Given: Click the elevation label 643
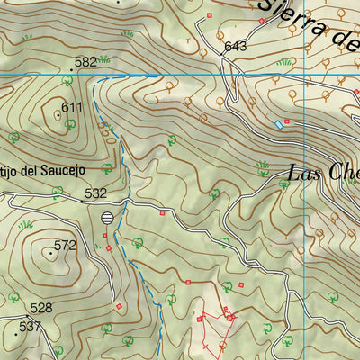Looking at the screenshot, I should coord(236,46).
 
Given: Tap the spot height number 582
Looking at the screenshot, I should coord(85,61).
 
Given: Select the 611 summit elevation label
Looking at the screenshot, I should coord(72,107).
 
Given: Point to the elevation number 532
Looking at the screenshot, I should coord(95,193).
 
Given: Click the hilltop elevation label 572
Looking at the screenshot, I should coord(65,245).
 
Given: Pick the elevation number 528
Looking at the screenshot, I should coord(41,308).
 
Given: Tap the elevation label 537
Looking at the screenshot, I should coord(31,326).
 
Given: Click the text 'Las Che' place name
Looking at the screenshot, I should coord(323,173).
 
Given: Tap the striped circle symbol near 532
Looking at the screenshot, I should coord(108,217).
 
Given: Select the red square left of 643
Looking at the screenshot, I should coord(210,15).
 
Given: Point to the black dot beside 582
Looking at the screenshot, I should coord(72,68).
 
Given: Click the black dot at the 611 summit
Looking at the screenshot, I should coord(58,114).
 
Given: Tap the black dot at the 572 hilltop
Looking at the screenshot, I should coord(50,253).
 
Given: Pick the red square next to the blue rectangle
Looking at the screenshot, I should coord(287,119).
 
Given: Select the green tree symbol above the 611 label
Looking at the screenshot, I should coord(66,80).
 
